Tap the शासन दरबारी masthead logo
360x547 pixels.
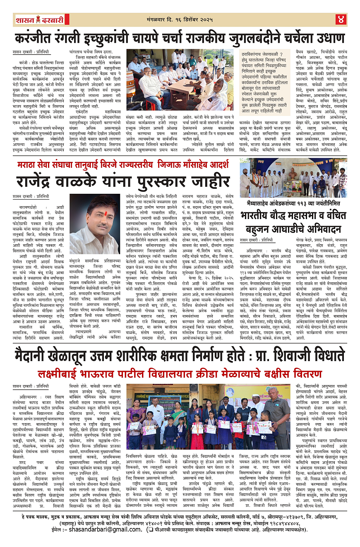click(36, 19)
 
